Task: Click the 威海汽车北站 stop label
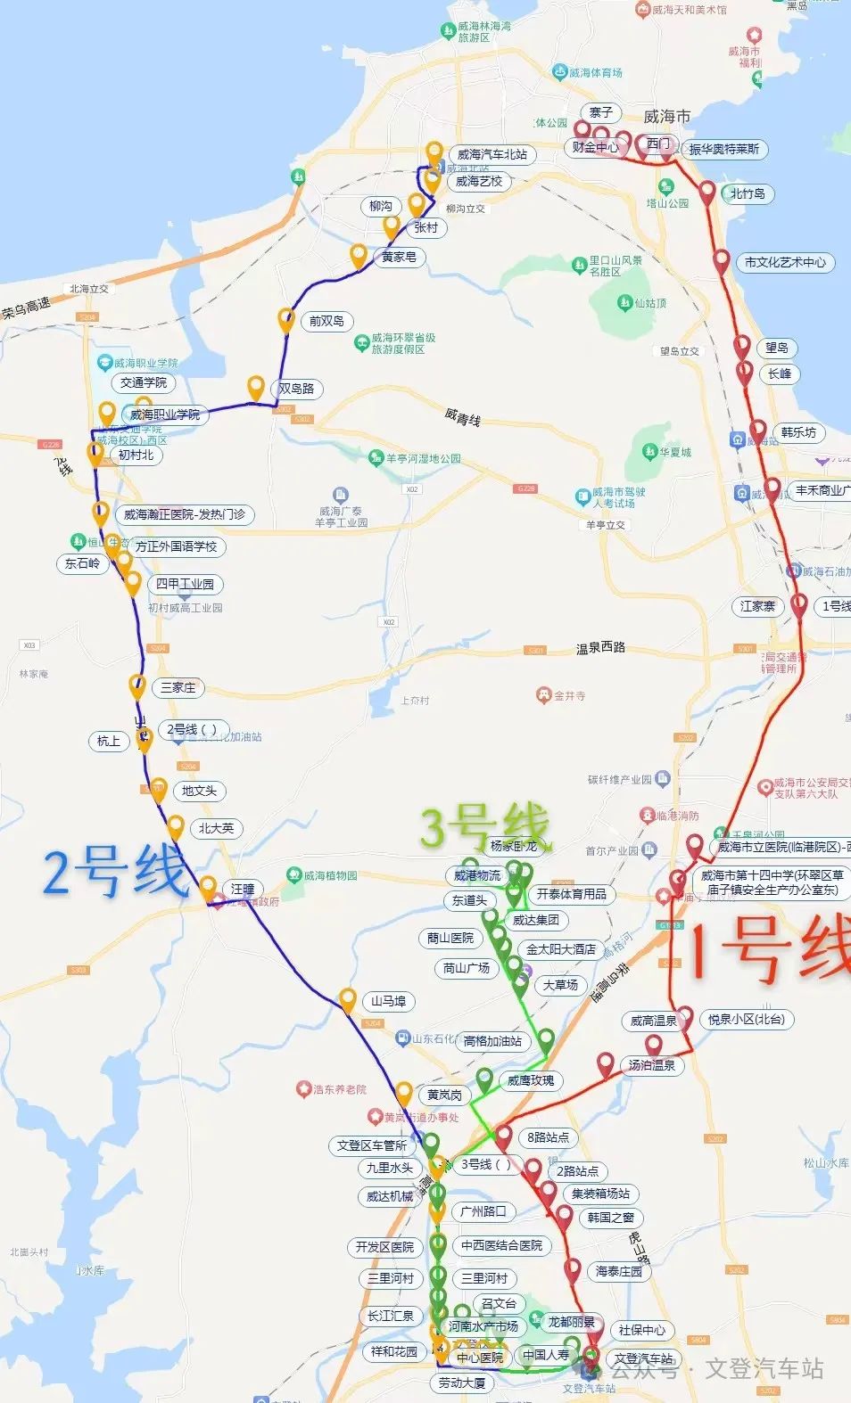click(492, 154)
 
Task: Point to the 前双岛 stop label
click(326, 321)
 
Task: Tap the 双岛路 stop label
click(296, 389)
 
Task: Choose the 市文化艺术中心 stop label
click(785, 262)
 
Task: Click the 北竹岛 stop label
click(748, 193)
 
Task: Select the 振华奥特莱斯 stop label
click(723, 149)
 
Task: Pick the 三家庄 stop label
click(178, 687)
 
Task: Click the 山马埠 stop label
click(389, 1001)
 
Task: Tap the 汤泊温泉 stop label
click(651, 1065)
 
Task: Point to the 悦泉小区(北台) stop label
click(746, 1019)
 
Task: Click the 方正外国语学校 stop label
click(176, 546)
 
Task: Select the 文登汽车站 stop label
click(644, 1358)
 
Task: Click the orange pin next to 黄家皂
click(358, 256)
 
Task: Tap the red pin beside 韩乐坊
click(757, 431)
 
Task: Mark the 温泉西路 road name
click(600, 648)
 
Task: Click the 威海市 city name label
click(666, 117)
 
